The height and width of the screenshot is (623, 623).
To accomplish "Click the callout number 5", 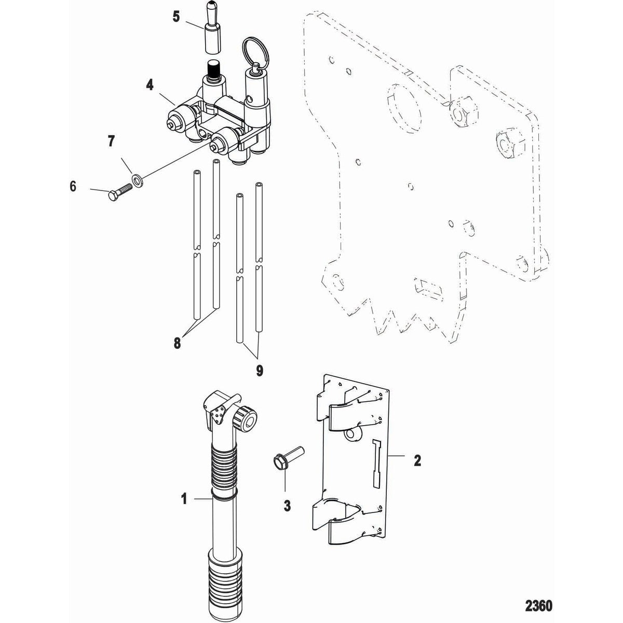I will (x=176, y=17).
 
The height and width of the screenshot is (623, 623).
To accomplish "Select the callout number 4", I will (x=150, y=84).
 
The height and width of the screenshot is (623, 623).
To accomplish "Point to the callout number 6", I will (x=73, y=186).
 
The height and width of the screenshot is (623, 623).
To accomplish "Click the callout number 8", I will (x=178, y=343).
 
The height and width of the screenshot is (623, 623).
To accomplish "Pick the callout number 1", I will (x=183, y=499).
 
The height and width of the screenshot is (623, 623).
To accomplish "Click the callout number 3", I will (x=287, y=505).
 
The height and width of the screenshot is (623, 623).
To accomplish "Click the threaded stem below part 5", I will (x=214, y=69).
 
